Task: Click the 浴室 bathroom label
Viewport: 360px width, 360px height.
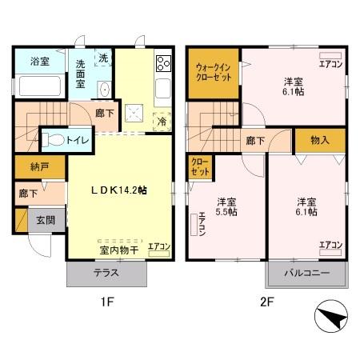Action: (39, 61)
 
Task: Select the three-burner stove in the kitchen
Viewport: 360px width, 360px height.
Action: (163, 62)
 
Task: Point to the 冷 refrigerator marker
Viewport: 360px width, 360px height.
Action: (162, 122)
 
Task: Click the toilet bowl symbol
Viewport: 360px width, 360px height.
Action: (54, 139)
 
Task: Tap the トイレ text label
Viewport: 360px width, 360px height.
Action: (78, 140)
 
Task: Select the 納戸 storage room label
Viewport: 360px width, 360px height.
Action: (30, 169)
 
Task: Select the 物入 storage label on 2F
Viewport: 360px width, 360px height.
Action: (319, 140)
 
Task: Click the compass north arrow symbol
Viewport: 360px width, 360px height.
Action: (332, 319)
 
